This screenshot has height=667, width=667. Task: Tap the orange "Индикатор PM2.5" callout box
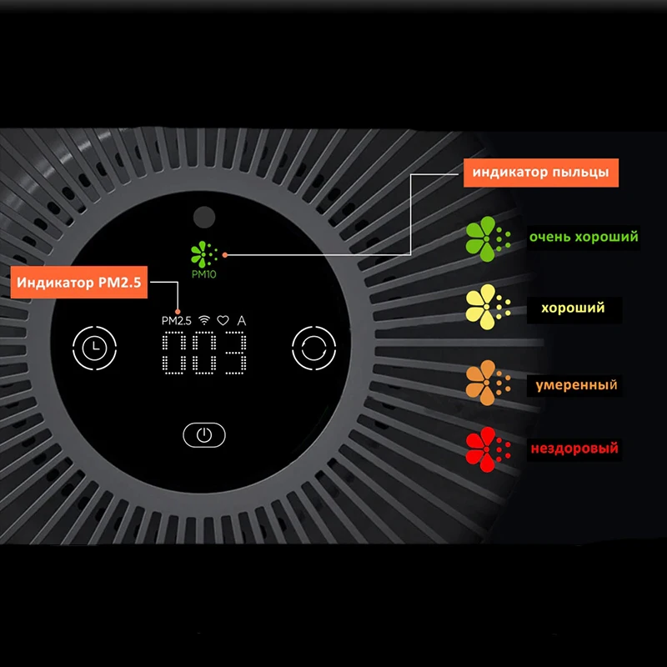pos(80,283)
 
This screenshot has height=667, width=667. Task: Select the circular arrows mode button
pos(313,346)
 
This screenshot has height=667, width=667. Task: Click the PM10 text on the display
pos(202,273)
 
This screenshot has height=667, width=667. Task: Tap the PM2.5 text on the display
pos(177,320)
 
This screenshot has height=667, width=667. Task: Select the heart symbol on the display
pos(223,320)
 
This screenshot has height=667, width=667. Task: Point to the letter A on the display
pos(242,320)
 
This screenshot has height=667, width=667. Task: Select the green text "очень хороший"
pos(584,237)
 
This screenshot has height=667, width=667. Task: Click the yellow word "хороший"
pos(573,308)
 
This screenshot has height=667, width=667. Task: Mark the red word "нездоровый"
pos(574,449)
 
